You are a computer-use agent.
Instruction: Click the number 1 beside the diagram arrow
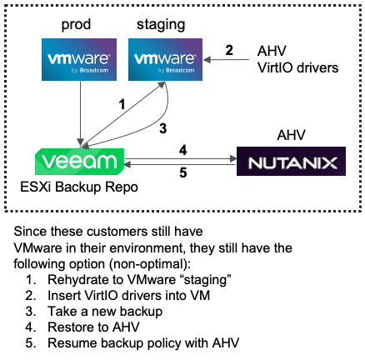(x=122, y=105)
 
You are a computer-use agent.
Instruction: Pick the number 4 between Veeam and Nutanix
(x=183, y=127)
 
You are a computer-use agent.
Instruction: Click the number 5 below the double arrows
(x=183, y=151)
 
